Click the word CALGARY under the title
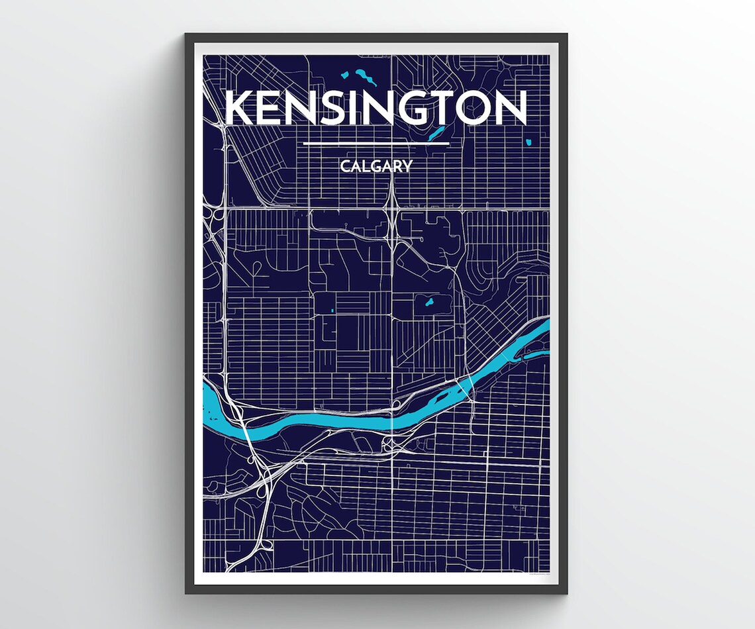[x=376, y=166]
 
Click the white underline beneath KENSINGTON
[x=376, y=143]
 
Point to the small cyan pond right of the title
[x=528, y=142]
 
